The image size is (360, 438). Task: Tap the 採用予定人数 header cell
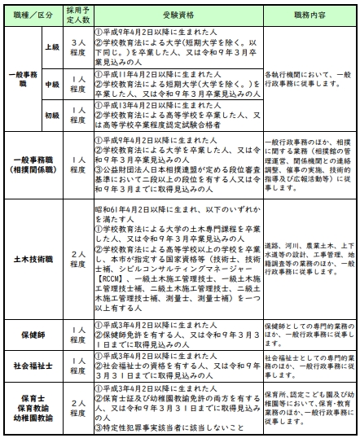[x=77, y=15]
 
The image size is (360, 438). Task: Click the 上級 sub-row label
[x=51, y=47]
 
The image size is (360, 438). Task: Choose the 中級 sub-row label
[x=51, y=84]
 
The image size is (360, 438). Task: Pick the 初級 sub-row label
[x=51, y=115]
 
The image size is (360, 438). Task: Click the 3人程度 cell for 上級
[x=77, y=47]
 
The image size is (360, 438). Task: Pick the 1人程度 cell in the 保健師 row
[x=77, y=334]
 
